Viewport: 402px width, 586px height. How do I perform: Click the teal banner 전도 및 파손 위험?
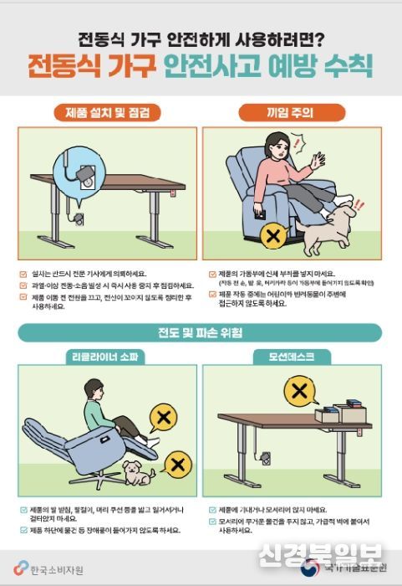[201, 334]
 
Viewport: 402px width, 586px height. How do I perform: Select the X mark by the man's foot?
[165, 418]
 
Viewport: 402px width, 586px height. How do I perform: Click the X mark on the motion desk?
[298, 389]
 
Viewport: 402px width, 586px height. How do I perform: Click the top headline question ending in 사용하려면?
[201, 38]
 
